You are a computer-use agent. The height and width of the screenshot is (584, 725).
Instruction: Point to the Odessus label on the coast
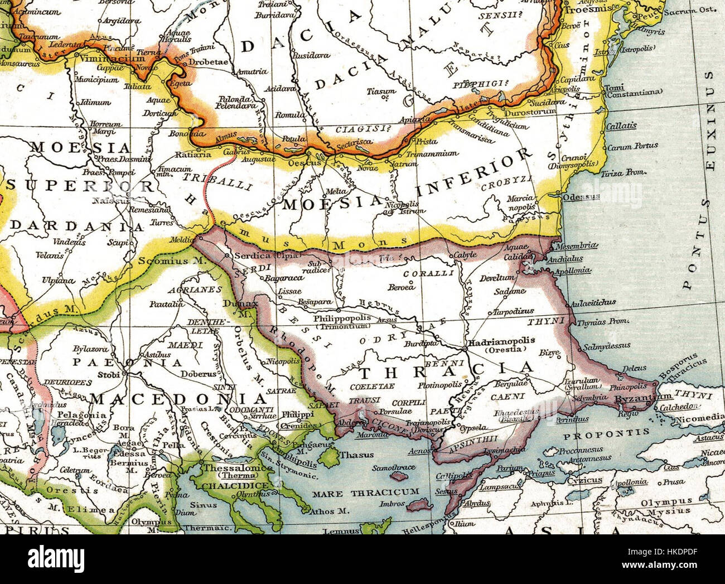click(x=582, y=197)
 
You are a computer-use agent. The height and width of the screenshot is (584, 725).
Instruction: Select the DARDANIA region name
click(x=77, y=226)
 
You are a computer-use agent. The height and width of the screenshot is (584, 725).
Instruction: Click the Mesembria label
click(x=580, y=245)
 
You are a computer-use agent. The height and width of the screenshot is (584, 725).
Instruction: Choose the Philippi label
click(x=294, y=414)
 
